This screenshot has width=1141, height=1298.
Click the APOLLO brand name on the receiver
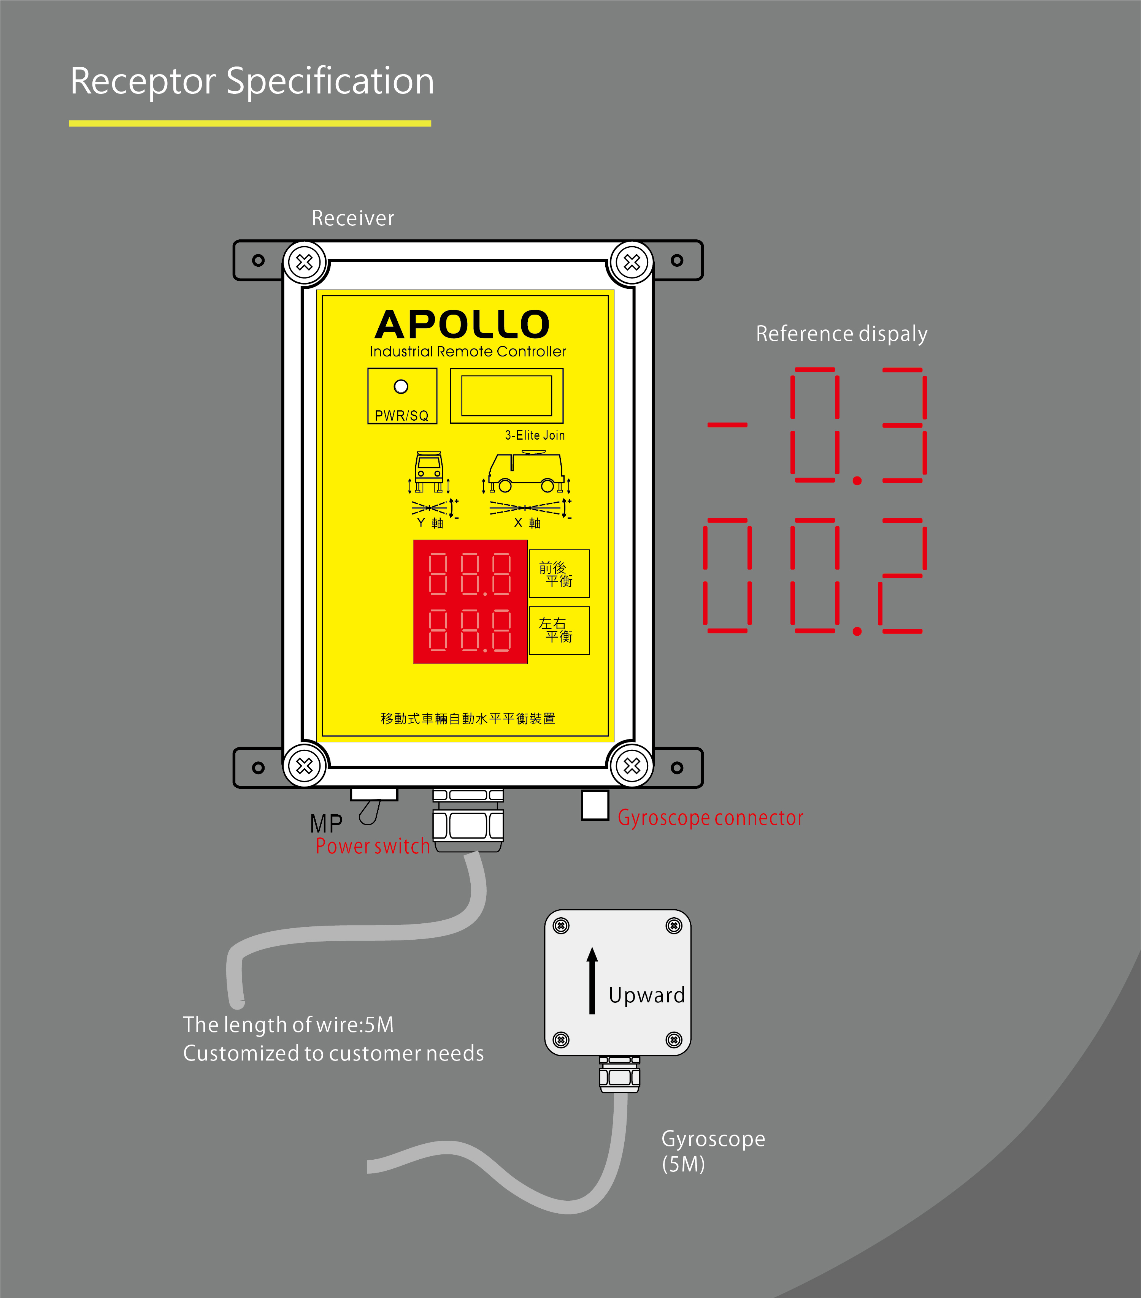click(462, 325)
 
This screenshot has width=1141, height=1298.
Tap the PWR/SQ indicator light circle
click(401, 386)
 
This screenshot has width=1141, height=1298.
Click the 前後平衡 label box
click(559, 573)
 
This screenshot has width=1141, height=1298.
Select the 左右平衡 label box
click(559, 630)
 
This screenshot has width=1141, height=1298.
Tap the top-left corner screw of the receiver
click(304, 262)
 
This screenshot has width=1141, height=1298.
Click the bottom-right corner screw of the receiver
click(632, 766)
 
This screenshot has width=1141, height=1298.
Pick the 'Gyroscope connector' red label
click(710, 818)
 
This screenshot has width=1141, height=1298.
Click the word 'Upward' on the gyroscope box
click(647, 995)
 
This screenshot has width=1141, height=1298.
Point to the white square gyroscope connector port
click(595, 805)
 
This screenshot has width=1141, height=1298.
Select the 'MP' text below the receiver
click(326, 824)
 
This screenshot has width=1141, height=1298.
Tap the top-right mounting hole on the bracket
click(677, 260)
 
